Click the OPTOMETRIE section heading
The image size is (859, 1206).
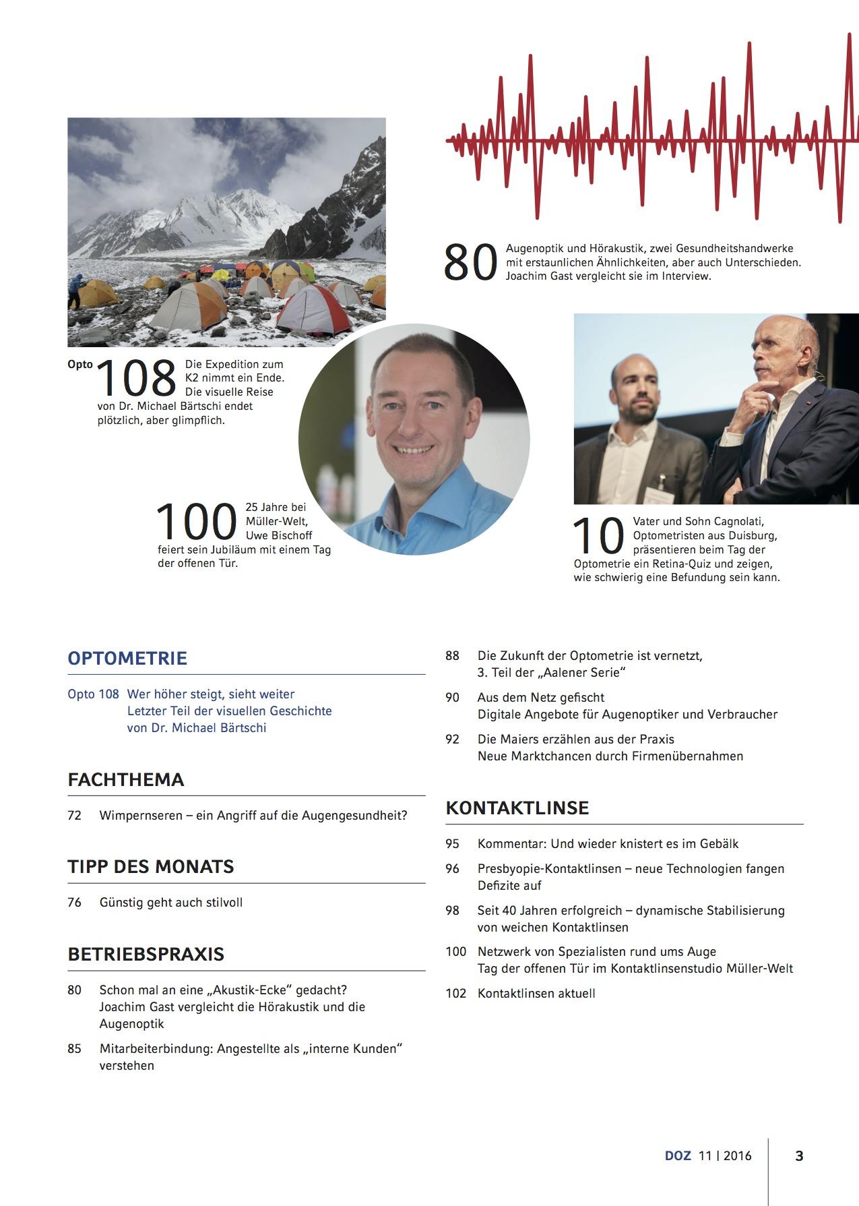127,658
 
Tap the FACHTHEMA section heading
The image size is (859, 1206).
126,780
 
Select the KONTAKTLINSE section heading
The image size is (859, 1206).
517,808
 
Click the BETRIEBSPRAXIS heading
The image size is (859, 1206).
146,955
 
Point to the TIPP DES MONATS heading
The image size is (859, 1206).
150,867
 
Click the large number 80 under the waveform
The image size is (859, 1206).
470,263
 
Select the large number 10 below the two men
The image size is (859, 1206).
598,537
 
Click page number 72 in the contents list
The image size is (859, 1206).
74,816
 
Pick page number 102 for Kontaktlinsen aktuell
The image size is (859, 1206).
455,994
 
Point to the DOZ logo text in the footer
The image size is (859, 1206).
678,1155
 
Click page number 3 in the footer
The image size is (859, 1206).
799,1155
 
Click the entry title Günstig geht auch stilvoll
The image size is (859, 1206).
171,903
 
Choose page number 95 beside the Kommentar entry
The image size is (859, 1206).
452,844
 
